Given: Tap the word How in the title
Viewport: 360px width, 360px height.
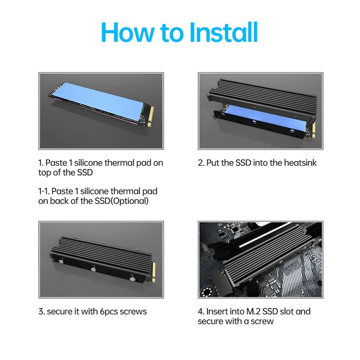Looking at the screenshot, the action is click(x=128, y=32).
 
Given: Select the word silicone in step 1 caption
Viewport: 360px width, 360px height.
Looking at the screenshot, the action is click(x=88, y=163).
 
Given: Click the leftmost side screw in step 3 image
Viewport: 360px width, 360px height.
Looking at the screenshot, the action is click(x=61, y=261).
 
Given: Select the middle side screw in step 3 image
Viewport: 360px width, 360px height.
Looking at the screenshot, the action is click(x=93, y=269).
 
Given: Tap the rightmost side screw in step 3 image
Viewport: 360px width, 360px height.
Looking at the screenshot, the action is click(x=132, y=279).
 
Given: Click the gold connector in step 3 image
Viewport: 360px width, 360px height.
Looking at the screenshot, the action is click(x=154, y=272).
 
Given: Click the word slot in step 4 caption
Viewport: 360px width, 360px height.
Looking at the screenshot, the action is click(x=287, y=311).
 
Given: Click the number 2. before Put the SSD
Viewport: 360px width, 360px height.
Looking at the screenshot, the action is click(x=201, y=163).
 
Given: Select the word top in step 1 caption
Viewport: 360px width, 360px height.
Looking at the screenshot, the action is click(x=45, y=173).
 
